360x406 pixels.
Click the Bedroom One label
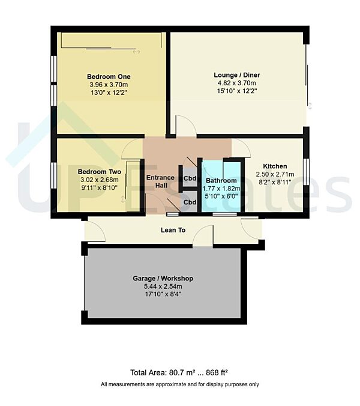[109, 77]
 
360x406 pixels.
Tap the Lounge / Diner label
[237, 75]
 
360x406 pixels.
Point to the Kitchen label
[275, 166]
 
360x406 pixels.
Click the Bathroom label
[221, 180]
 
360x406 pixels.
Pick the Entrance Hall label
[161, 181]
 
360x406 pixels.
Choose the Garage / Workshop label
[163, 279]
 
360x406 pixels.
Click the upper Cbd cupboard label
[190, 178]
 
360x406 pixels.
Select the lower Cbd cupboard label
[190, 202]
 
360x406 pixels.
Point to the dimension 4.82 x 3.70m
[236, 83]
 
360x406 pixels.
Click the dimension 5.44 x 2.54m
[163, 286]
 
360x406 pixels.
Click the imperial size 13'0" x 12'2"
[109, 93]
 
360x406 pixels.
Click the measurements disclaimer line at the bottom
[179, 384]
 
